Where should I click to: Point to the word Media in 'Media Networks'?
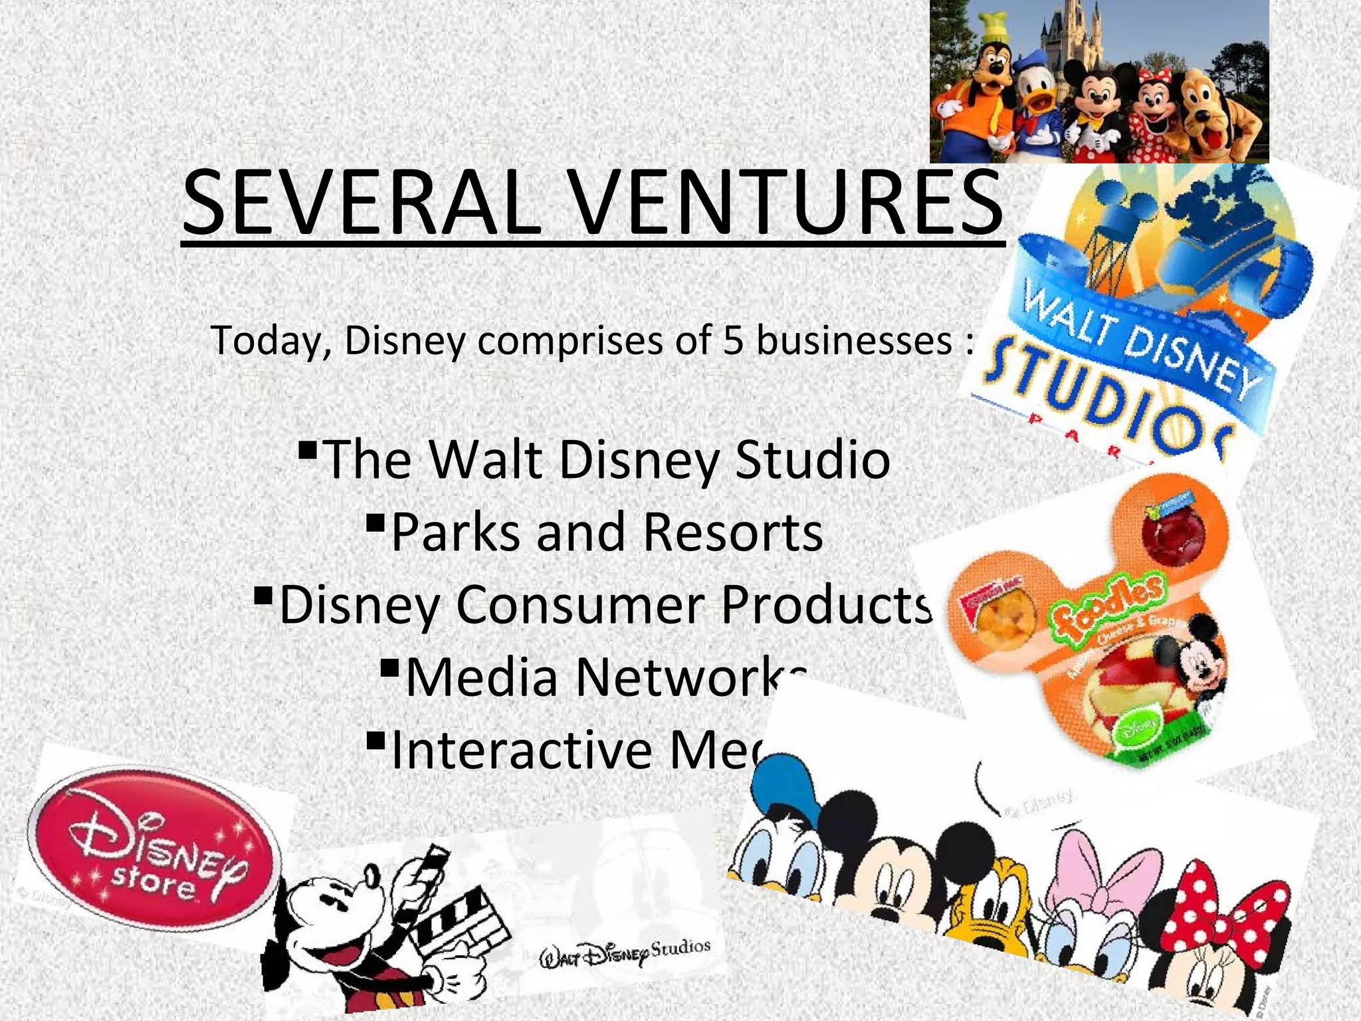tap(481, 677)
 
